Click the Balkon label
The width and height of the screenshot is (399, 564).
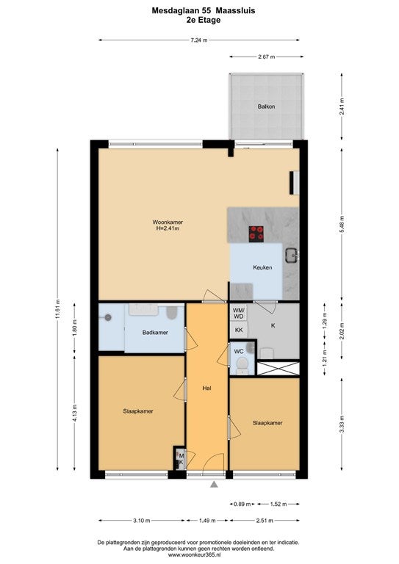pos(266,106)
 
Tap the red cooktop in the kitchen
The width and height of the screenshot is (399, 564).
pos(256,234)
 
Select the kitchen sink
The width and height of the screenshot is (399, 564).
pos(291,255)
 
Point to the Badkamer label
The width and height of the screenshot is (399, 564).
pos(155,333)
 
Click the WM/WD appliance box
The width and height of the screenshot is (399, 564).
pos(239,313)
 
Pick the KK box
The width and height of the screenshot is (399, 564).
pos(239,330)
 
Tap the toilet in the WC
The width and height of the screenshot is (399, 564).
pos(242,365)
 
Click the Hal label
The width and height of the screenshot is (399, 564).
pos(206,388)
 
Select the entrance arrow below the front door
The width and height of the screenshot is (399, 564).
pos(214,485)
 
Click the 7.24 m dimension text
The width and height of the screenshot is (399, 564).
pos(199,40)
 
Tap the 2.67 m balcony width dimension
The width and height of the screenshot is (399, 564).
pos(267,57)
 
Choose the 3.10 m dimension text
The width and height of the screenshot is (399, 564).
pos(141,521)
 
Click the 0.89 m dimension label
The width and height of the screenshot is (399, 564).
pos(242,505)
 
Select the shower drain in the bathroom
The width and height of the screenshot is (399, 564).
pos(108,317)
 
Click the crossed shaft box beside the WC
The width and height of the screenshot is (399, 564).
pos(278,369)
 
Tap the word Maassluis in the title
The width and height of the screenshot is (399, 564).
pos(235,11)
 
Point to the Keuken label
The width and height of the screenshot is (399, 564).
pos(262,267)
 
